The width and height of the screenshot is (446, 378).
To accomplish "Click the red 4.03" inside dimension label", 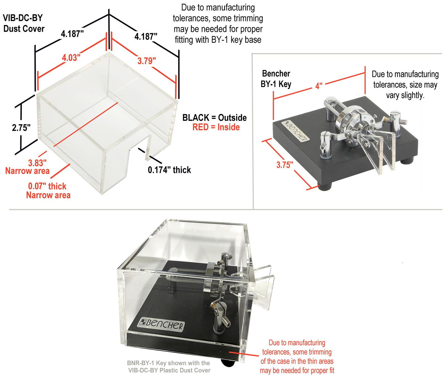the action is pyautogui.click(x=71, y=58).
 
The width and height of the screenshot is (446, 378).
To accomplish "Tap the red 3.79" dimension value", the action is pyautogui.click(x=147, y=60).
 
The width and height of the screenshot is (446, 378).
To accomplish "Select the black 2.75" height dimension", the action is pyautogui.click(x=21, y=128).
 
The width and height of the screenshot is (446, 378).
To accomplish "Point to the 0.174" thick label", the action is pyautogui.click(x=169, y=170).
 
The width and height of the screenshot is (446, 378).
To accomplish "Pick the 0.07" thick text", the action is pyautogui.click(x=47, y=186).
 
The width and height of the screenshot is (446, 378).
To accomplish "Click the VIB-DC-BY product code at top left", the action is pyautogui.click(x=23, y=18).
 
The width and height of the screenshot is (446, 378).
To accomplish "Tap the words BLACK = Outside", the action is pyautogui.click(x=214, y=118).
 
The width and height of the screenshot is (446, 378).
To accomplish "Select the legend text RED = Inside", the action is pyautogui.click(x=216, y=127).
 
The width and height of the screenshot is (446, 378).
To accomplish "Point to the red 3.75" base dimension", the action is pyautogui.click(x=285, y=165).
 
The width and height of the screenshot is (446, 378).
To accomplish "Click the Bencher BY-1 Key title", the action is pyautogui.click(x=276, y=79).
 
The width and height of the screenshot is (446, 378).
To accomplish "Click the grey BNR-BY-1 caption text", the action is pyautogui.click(x=169, y=367).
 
